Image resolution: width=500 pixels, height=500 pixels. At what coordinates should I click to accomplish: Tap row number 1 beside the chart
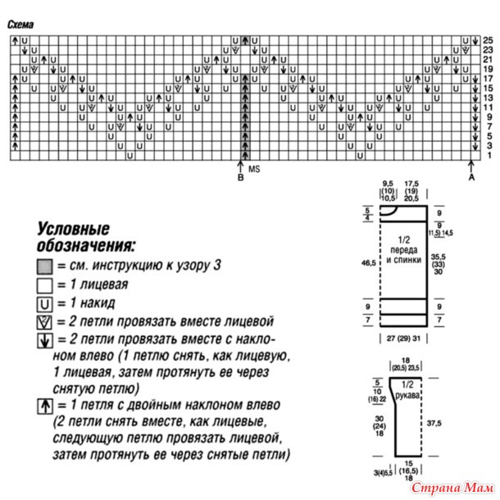click(487, 155)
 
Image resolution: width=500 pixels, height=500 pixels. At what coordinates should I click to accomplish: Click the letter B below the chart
click(240, 176)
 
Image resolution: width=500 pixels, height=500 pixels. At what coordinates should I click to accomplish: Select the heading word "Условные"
click(72, 230)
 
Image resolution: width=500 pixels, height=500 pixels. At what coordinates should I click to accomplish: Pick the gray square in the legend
click(44, 266)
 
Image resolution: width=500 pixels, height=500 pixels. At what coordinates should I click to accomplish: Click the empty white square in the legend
click(44, 285)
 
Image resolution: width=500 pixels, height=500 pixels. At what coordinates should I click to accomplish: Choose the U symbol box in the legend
click(44, 304)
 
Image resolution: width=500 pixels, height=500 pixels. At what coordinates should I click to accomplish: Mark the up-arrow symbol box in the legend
click(44, 405)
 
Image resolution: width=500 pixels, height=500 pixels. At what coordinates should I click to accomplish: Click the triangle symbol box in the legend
click(44, 323)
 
